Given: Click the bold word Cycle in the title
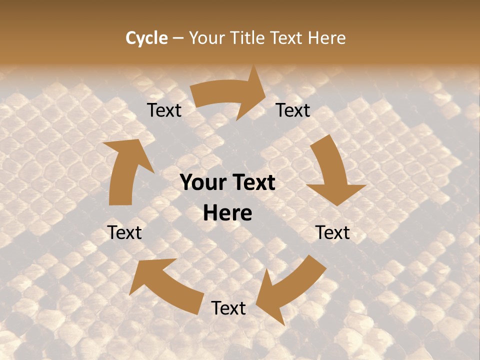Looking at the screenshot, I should pyautogui.click(x=146, y=38).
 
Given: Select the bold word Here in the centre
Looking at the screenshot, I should pyautogui.click(x=227, y=213).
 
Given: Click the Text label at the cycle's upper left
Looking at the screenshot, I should pyautogui.click(x=164, y=110).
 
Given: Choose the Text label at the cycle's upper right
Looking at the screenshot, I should pyautogui.click(x=293, y=110).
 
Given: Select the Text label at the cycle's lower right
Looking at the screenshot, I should pyautogui.click(x=332, y=232).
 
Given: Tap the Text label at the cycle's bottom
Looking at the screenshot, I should pyautogui.click(x=228, y=308).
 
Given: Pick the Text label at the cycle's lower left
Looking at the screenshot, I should pyautogui.click(x=124, y=232).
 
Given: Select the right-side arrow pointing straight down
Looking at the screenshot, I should pyautogui.click(x=332, y=172).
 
